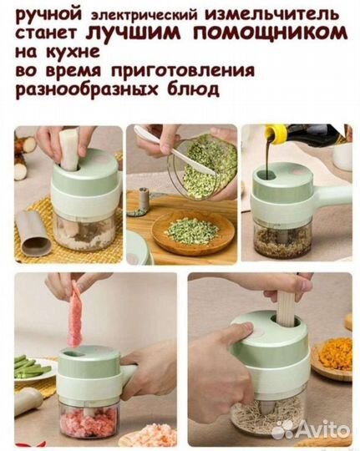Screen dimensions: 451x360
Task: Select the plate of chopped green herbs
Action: pos(191,231)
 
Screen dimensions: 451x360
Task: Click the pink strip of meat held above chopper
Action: pos(75,313)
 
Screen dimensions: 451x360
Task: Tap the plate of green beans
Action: pos(33,367)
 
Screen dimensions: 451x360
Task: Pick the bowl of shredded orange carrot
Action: pos(335,355)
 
